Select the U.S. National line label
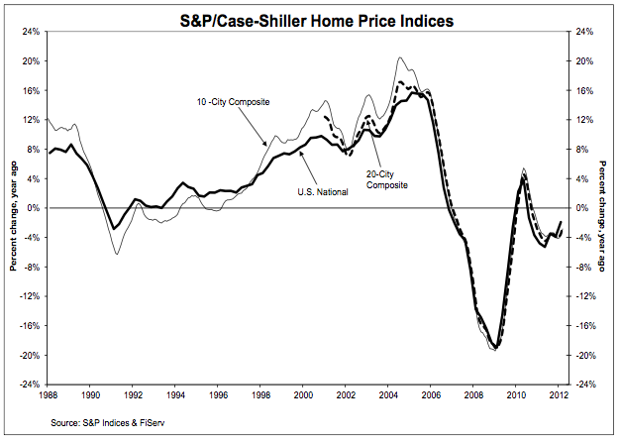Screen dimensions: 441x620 click(322, 191)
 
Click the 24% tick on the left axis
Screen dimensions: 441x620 click(30, 32)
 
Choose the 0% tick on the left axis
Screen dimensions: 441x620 click(33, 208)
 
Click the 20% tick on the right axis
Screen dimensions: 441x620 click(582, 61)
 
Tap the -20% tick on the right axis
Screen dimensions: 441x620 click(584, 355)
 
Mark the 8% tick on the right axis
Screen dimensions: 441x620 click(580, 150)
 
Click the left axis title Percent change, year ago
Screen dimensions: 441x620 click(12, 208)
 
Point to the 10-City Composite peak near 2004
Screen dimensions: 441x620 click(399, 57)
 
